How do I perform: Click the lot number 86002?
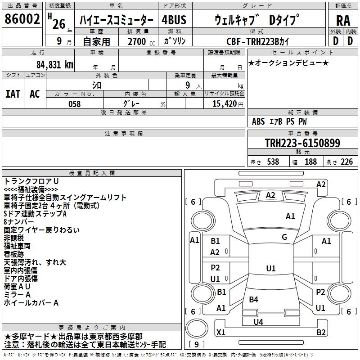(x=22, y=19)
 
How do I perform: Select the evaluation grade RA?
(x=343, y=21)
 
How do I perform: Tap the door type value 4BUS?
(x=174, y=20)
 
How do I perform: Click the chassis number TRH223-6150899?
(x=302, y=143)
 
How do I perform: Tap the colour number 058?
(x=74, y=104)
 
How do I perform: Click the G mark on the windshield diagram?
(x=284, y=237)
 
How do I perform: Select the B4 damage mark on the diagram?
(x=253, y=300)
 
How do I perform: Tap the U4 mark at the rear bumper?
(x=258, y=322)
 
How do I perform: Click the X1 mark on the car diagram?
(x=221, y=332)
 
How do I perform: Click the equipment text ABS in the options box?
(x=258, y=121)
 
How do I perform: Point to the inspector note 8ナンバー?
(x=18, y=222)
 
